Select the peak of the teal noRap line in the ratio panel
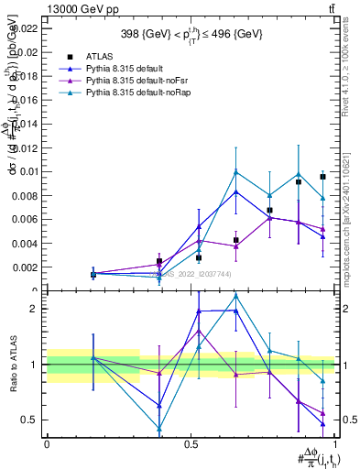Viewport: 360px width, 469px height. point(236,296)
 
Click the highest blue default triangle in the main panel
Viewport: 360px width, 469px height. point(236,191)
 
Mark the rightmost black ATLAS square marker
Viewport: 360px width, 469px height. point(322,177)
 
